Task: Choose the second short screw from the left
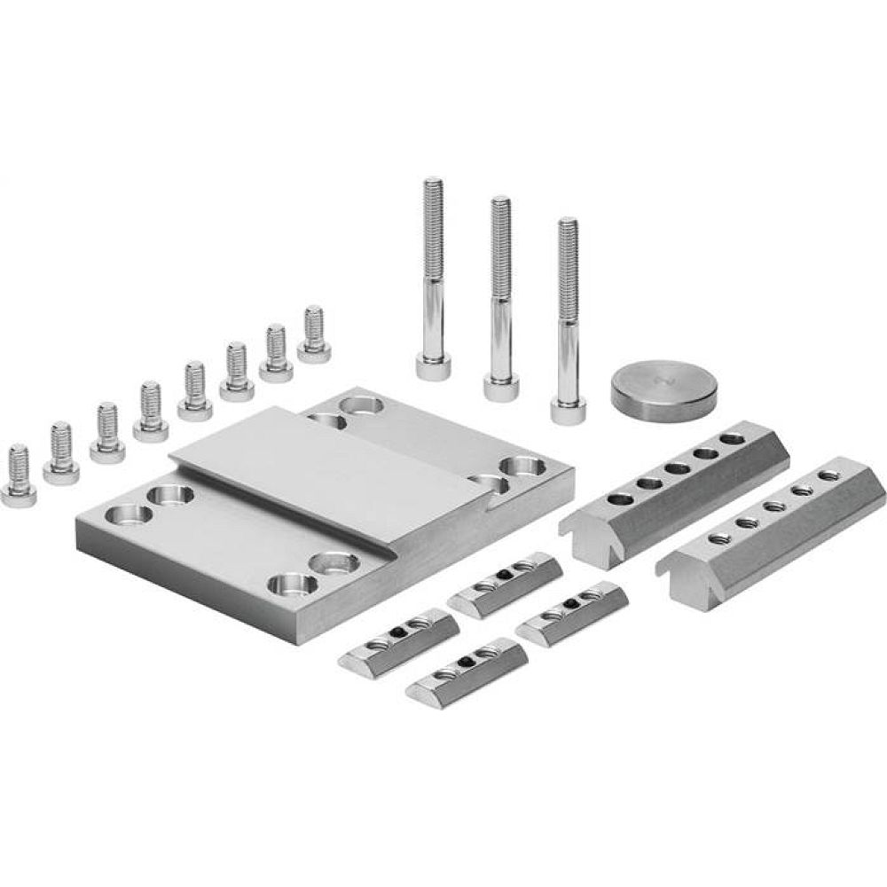pyautogui.click(x=60, y=454)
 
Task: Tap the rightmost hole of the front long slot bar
pyautogui.click(x=828, y=475)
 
